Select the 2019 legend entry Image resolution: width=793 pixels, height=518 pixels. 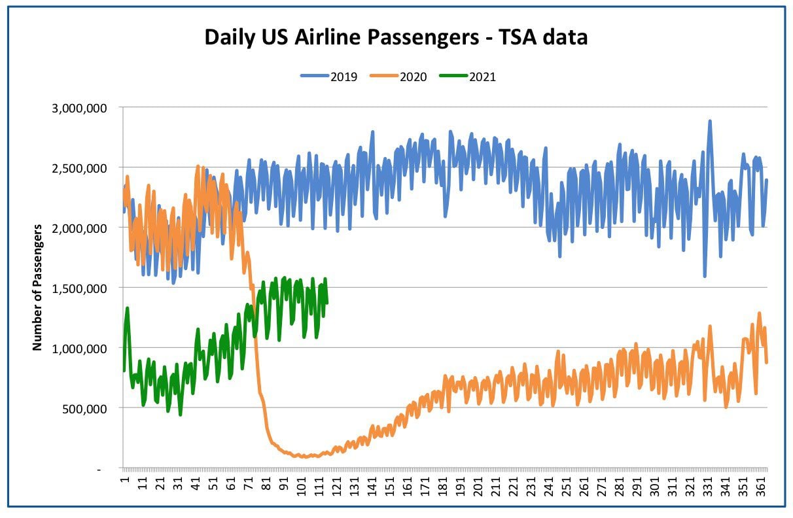[329, 77]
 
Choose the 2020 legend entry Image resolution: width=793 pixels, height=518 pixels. [398, 77]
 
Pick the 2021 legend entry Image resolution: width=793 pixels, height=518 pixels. [468, 77]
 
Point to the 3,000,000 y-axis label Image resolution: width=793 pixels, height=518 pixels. [79, 109]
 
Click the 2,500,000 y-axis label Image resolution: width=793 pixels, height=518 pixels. [79, 169]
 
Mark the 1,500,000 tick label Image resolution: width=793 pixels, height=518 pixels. [79, 288]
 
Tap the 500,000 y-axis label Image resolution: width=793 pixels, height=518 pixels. [84, 409]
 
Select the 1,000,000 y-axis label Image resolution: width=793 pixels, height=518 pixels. [79, 349]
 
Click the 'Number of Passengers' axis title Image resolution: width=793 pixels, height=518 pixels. [37, 288]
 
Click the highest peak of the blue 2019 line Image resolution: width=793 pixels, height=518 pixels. [710, 121]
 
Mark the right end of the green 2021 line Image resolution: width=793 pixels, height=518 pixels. [326, 303]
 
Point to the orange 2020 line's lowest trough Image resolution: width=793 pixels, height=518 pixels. [304, 457]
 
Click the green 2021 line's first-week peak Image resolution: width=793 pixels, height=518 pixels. [127, 308]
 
